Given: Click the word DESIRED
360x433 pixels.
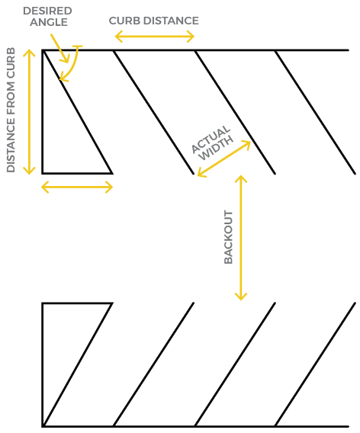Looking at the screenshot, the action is tap(47, 11).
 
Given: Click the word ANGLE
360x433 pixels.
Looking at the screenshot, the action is tap(49, 22).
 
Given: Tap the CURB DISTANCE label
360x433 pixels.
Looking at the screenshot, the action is tap(154, 21).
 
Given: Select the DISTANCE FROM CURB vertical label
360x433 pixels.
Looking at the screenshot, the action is tap(11, 111).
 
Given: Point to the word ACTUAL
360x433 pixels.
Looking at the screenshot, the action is tap(211, 140).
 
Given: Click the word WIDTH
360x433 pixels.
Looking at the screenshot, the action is tap(216, 149).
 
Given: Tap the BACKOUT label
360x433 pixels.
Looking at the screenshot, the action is tap(228, 237).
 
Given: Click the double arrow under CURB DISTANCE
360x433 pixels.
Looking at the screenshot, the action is tap(155, 37).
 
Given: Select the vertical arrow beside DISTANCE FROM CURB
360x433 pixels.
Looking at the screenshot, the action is tap(29, 112).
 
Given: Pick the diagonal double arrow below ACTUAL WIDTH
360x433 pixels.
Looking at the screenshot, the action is tap(224, 159).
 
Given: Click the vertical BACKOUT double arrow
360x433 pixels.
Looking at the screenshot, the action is tap(241, 238).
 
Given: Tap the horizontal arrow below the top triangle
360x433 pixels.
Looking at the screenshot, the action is tap(77, 188).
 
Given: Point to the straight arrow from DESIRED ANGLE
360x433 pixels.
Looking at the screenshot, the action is tap(59, 48).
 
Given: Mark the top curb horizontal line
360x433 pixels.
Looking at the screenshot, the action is tap(195, 50).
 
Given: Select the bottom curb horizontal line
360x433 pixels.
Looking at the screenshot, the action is tap(195, 426).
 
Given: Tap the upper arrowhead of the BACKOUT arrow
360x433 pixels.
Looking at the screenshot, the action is tap(241, 178).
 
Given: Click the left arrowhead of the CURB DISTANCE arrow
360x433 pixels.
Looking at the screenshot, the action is tap(118, 37).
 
